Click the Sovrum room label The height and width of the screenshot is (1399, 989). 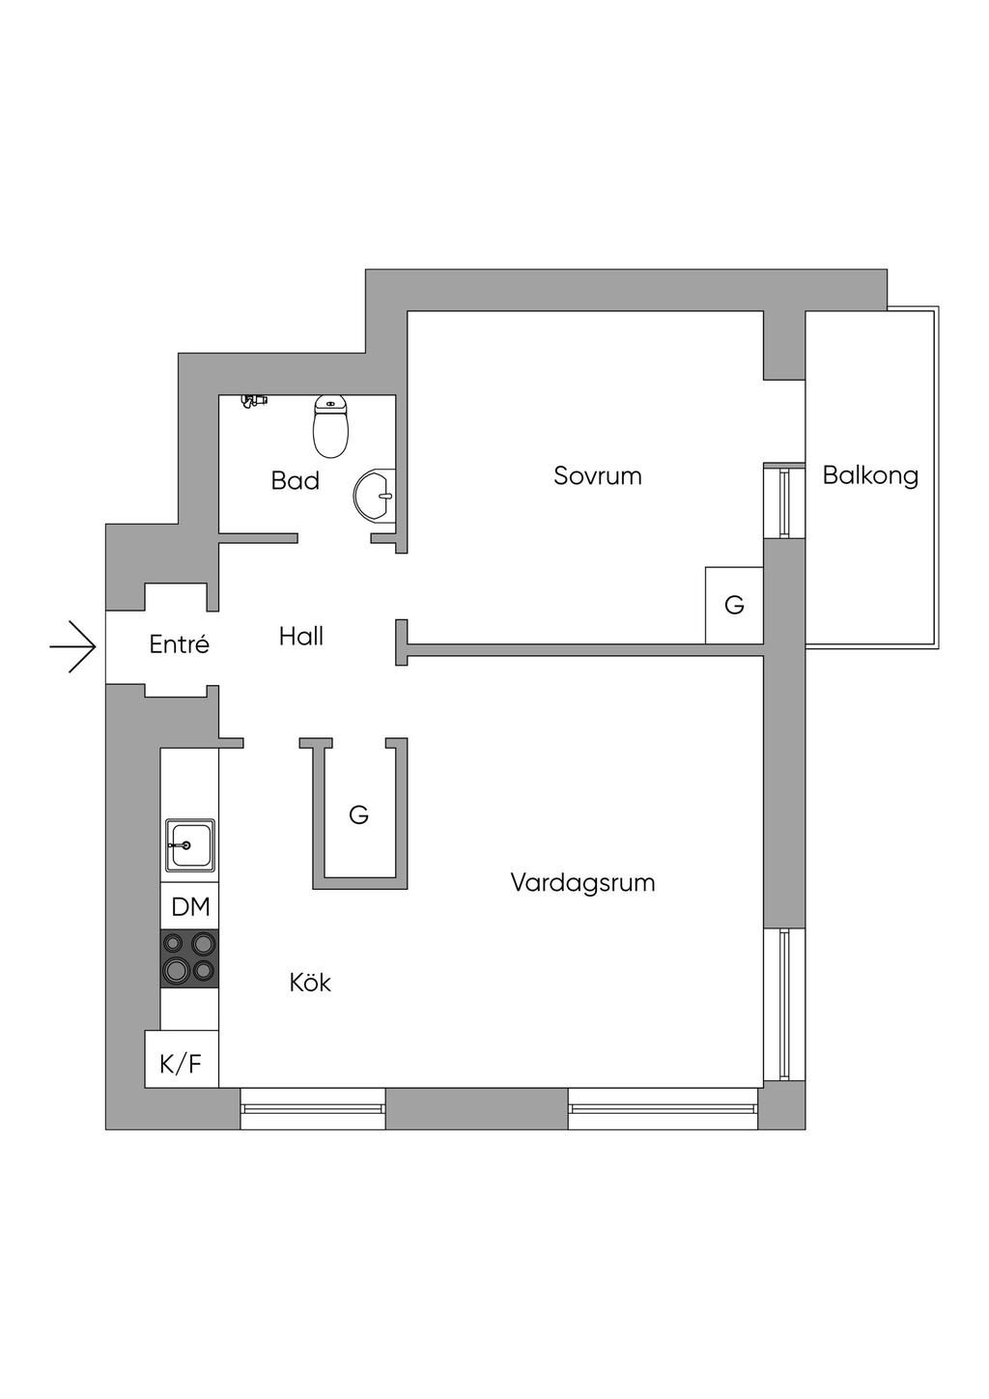point(598,476)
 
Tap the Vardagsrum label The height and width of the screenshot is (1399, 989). point(583,883)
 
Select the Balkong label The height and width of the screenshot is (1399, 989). point(870,476)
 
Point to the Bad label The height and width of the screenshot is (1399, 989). point(296,481)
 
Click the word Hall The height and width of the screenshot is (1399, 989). point(301,637)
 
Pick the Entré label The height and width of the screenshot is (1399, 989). point(180,643)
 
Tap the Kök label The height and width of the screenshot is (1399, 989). point(310,983)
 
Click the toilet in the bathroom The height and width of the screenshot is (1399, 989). point(331,426)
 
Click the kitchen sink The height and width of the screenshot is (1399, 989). point(190,845)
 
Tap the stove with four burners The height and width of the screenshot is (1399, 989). point(190,958)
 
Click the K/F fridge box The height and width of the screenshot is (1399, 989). point(182,1065)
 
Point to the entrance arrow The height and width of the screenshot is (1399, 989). point(73,647)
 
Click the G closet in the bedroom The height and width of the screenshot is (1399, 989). point(734,605)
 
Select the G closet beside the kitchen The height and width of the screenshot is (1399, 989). point(359,814)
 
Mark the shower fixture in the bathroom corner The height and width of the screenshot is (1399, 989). point(253,401)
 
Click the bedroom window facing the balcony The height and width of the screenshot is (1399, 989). point(784,500)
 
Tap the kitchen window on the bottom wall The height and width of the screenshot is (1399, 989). point(313,1108)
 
